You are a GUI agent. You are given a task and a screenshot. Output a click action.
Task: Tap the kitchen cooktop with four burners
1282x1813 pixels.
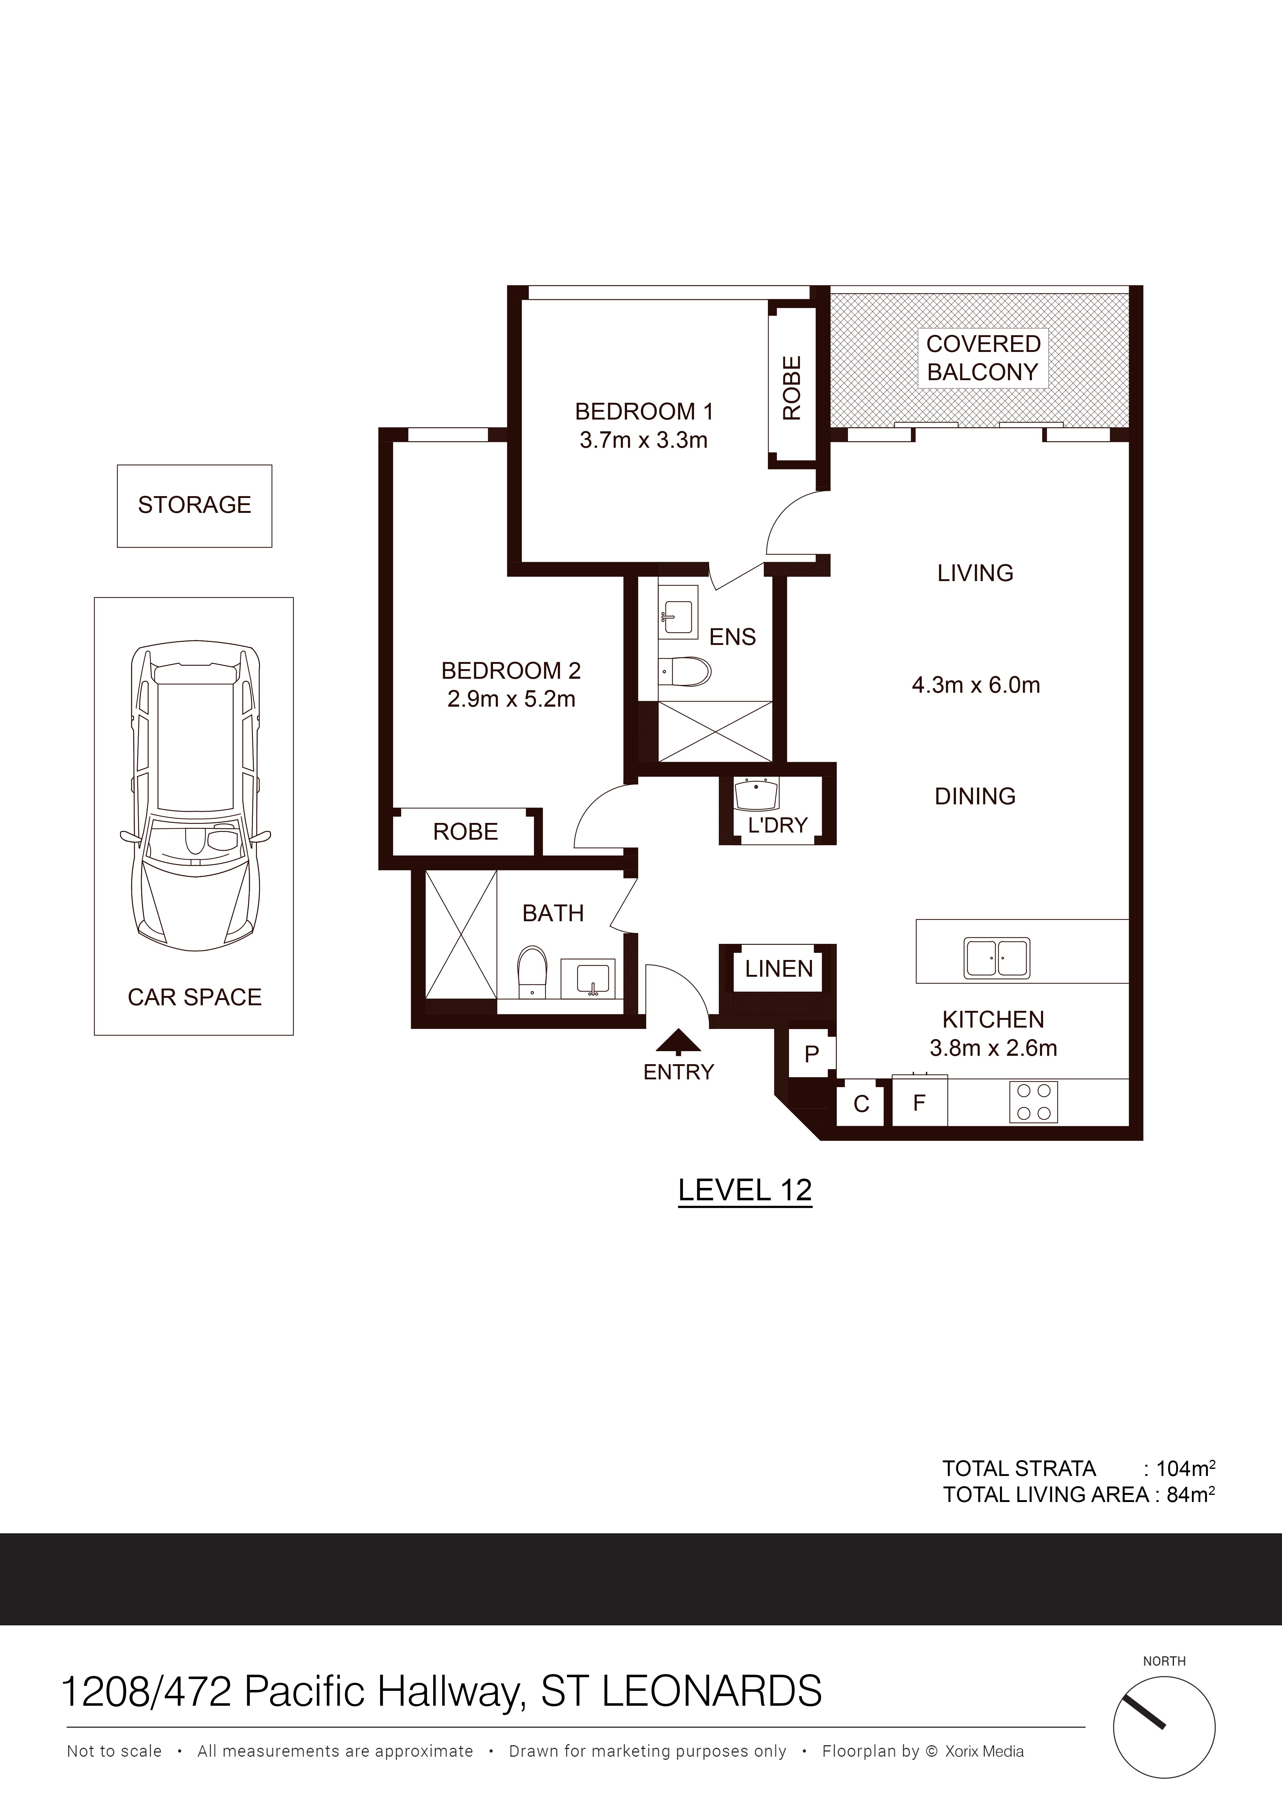tap(1033, 1102)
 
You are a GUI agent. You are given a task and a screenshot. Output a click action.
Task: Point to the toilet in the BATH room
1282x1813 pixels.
tap(531, 972)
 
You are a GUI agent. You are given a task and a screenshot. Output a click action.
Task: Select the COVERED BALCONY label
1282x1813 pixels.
tap(983, 358)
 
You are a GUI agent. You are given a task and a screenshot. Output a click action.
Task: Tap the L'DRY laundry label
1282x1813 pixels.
tap(777, 825)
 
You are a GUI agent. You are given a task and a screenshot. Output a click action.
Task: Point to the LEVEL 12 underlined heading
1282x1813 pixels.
tap(745, 1190)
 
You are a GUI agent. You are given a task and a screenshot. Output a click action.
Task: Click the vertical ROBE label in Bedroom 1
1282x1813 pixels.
tap(791, 388)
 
